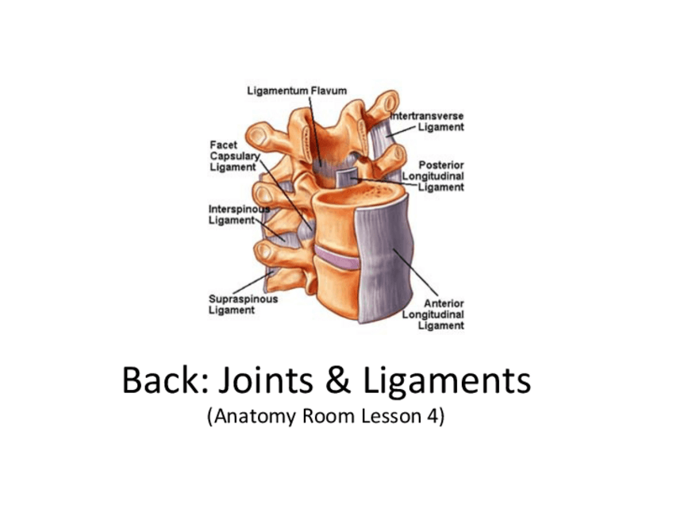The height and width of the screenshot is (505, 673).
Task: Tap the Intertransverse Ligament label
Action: click(427, 121)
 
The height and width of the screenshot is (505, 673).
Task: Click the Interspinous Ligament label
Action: click(233, 214)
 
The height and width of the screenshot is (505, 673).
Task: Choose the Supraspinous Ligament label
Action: click(243, 304)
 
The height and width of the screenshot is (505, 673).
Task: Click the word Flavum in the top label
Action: click(326, 91)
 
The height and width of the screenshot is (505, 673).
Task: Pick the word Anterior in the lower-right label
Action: click(444, 303)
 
